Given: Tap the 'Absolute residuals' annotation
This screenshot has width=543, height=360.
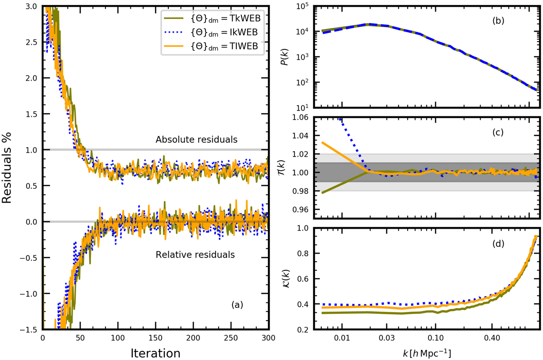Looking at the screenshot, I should coord(196,139).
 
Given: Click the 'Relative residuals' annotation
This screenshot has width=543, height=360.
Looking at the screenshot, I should coord(195,254).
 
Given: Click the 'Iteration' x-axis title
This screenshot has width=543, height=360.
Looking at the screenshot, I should coord(155,352).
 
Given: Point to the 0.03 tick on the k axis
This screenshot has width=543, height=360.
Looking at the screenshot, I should coord(386,338).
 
